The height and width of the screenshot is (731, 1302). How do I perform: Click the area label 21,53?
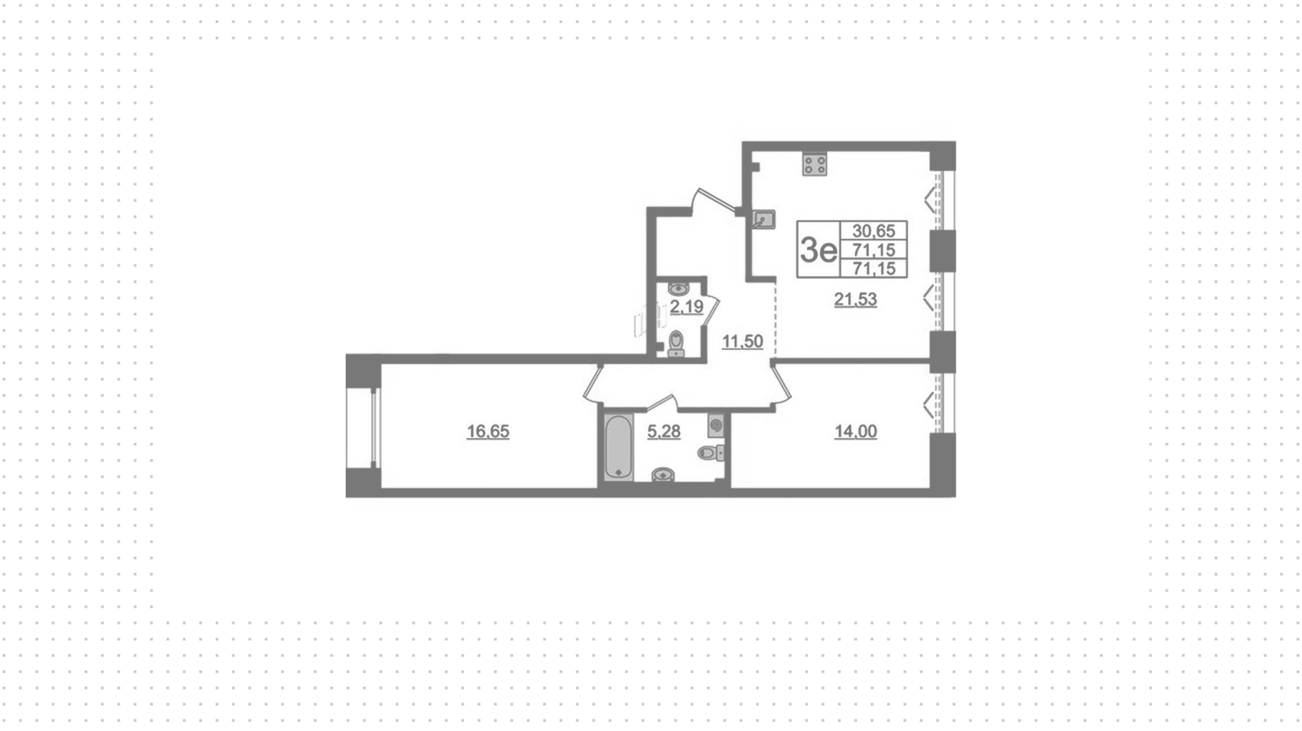coord(855,299)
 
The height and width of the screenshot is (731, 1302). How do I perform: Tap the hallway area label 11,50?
coord(743,341)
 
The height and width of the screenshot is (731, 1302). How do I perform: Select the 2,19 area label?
coord(687,307)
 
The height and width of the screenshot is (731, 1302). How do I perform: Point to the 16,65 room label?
coord(488,431)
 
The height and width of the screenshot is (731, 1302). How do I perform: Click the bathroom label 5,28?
coord(663,431)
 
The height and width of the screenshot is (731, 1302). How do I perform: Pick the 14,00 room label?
coord(856,431)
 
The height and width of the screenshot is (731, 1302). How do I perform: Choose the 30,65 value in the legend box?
coord(873,231)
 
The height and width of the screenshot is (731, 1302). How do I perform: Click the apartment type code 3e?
coord(818,250)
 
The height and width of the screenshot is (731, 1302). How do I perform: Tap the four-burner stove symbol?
coord(814,163)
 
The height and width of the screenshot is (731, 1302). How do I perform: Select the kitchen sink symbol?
coord(764,218)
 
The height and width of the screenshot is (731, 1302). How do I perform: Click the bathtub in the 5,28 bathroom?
coord(618,448)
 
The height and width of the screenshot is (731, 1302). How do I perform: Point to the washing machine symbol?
coord(716,426)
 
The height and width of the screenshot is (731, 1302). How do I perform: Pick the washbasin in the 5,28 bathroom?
coord(663,475)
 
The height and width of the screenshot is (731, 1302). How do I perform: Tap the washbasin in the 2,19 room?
coord(678,289)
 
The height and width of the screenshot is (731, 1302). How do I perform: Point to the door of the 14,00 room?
coord(781,387)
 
